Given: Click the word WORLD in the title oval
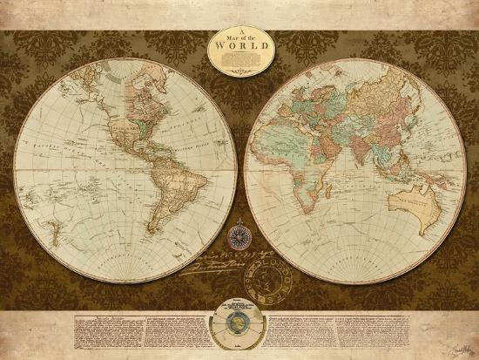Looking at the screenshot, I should click(x=239, y=49).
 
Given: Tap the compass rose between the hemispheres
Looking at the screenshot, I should click(x=239, y=234).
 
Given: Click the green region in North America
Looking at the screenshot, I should click(x=142, y=123).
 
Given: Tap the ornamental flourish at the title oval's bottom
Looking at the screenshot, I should click(x=239, y=71).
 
